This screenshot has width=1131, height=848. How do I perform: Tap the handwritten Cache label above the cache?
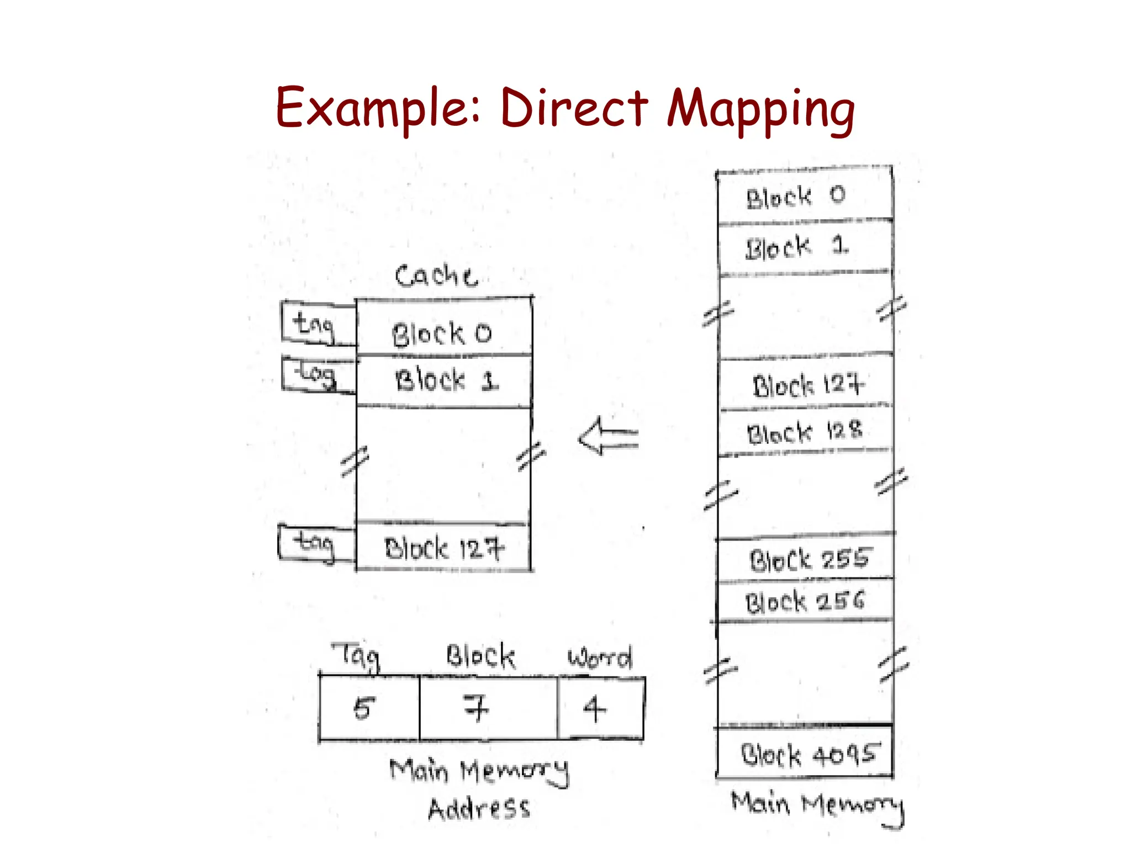pyautogui.click(x=436, y=275)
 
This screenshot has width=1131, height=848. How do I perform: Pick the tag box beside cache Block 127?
pyautogui.click(x=315, y=544)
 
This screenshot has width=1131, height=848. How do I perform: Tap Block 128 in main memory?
pyautogui.click(x=804, y=432)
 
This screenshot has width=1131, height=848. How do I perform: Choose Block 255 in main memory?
pyautogui.click(x=808, y=559)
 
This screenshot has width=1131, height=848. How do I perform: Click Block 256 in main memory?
pyautogui.click(x=804, y=601)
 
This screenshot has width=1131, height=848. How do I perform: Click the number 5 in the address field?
pyautogui.click(x=364, y=708)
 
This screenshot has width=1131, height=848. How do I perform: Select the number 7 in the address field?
pyautogui.click(x=477, y=708)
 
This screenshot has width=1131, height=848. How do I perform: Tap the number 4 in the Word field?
pyautogui.click(x=594, y=708)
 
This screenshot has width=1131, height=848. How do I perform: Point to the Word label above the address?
pyautogui.click(x=600, y=658)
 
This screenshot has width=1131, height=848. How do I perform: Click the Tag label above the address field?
pyautogui.click(x=357, y=656)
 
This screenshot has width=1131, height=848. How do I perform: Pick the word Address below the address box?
pyautogui.click(x=479, y=808)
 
